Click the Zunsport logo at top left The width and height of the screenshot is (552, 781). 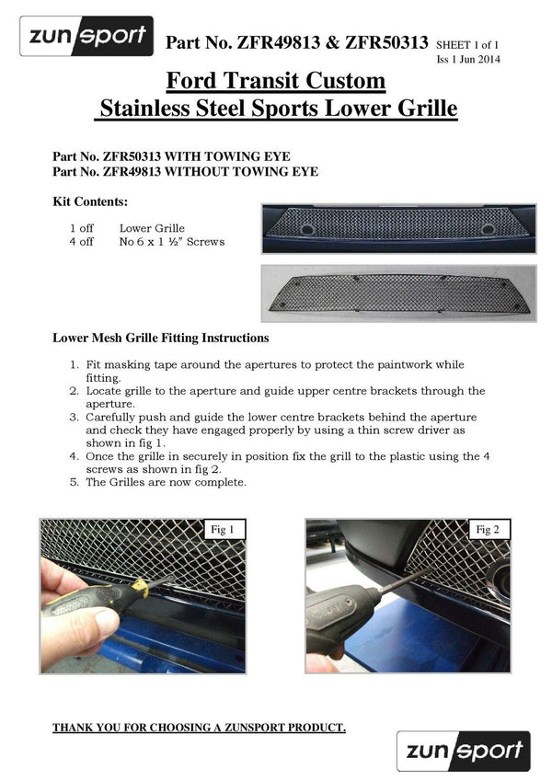pyautogui.click(x=86, y=37)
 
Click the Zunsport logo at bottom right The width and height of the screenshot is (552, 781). pyautogui.click(x=463, y=751)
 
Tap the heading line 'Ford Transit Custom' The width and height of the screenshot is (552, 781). pyautogui.click(x=277, y=80)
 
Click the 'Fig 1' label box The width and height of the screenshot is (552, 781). pyautogui.click(x=224, y=530)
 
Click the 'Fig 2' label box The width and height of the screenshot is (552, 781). pyautogui.click(x=489, y=530)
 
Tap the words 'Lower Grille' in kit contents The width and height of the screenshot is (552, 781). pyautogui.click(x=152, y=228)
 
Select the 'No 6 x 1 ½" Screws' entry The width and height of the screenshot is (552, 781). pyautogui.click(x=172, y=242)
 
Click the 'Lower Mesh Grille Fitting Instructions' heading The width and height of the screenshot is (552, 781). pyautogui.click(x=161, y=339)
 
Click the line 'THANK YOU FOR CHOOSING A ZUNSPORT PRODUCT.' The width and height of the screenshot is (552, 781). pyautogui.click(x=199, y=729)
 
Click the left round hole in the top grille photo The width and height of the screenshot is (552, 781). pyautogui.click(x=307, y=228)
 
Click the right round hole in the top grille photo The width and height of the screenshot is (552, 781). pyautogui.click(x=488, y=228)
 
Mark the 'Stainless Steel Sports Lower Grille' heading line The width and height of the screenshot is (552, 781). pyautogui.click(x=277, y=109)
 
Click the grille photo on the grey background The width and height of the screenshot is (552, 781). pyautogui.click(x=398, y=293)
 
